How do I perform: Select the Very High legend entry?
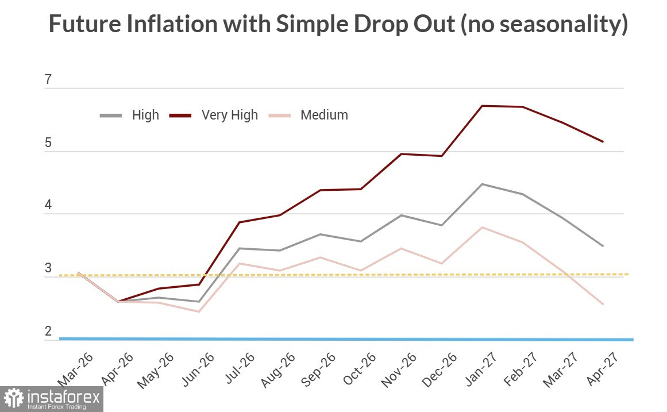214,115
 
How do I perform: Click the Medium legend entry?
309,115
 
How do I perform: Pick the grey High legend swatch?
111,115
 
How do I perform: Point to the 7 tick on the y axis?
48,79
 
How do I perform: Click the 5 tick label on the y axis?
48,143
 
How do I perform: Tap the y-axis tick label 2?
48,331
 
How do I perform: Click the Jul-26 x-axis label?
240,368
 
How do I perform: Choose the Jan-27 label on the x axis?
480,369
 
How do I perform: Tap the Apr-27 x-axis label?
602,369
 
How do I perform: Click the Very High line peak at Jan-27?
482,106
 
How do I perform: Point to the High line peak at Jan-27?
482,184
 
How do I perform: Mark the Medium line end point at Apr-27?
603,305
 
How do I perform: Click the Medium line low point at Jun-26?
199,311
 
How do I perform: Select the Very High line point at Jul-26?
240,222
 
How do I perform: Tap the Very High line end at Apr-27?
603,142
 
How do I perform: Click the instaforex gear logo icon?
14,398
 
